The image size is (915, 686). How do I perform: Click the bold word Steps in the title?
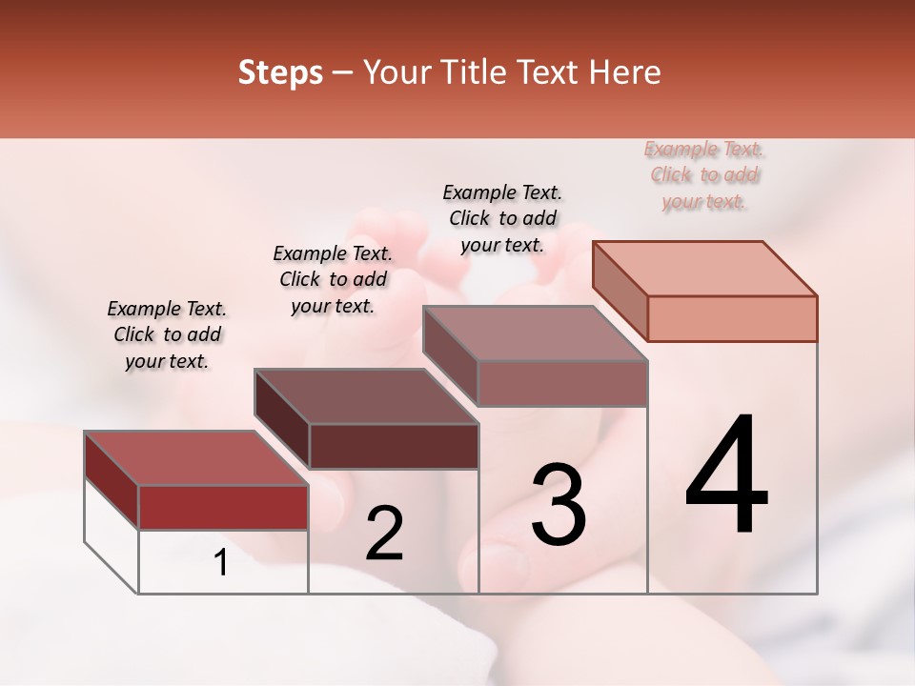tap(279, 72)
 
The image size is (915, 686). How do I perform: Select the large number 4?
tap(726, 476)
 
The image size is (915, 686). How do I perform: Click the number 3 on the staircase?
tap(559, 505)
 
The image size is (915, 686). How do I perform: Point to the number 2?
tap(384, 534)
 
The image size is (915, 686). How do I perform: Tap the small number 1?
tap(221, 563)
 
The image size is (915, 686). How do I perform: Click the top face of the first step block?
tap(195, 458)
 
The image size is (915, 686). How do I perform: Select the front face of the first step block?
tap(223, 507)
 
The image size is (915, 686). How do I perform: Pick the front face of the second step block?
tap(394, 446)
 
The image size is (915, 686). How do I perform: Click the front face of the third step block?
tap(562, 383)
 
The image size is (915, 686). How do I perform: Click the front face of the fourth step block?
tap(732, 318)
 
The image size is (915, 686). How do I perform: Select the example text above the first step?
tap(167, 335)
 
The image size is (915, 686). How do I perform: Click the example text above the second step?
tap(333, 279)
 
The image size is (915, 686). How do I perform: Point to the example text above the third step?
tap(502, 218)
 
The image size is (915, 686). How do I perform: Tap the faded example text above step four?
tap(704, 175)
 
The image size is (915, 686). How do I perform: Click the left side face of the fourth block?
tap(620, 291)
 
